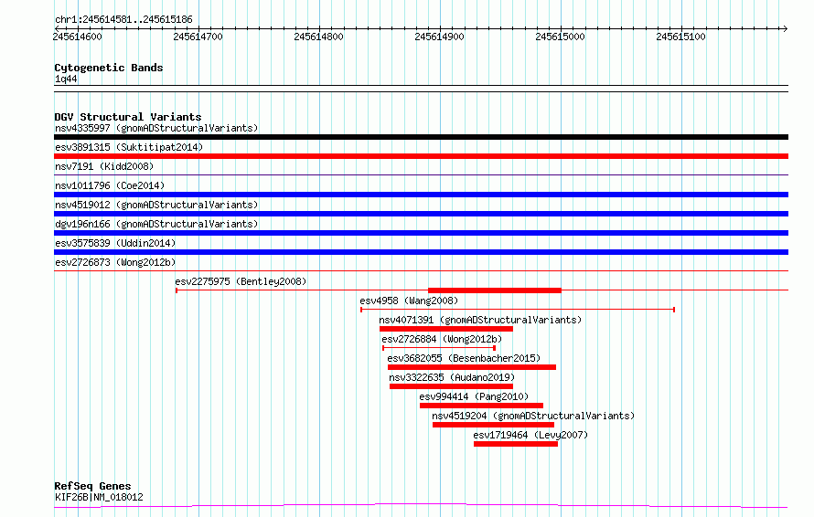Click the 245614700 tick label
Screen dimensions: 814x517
[198, 37]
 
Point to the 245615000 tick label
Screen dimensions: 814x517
[560, 37]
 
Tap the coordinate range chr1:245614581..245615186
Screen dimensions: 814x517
[123, 20]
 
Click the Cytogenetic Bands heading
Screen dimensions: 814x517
[109, 68]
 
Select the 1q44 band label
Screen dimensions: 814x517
[66, 79]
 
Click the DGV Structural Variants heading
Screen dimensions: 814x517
[128, 117]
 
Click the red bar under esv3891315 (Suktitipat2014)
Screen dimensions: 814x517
[421, 156]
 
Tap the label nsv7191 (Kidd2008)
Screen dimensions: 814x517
[104, 166]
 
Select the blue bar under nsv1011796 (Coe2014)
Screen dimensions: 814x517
[421, 195]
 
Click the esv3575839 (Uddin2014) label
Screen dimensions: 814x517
[115, 243]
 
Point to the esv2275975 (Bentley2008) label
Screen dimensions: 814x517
[241, 281]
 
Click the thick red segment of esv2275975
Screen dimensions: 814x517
[495, 290]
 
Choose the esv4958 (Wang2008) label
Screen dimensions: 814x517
[409, 301]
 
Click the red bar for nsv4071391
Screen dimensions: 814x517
[446, 329]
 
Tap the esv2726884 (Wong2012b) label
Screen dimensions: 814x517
[442, 339]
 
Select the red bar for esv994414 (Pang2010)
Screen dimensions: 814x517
[481, 406]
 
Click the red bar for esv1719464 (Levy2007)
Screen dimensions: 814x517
[516, 444]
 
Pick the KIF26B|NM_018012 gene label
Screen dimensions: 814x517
[99, 497]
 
